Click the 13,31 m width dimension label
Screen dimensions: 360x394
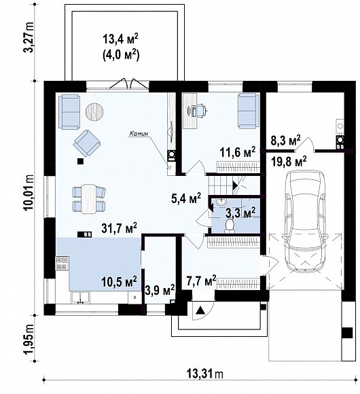204,374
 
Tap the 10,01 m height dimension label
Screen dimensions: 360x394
30,192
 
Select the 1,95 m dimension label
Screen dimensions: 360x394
29,339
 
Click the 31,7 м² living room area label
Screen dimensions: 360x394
120,228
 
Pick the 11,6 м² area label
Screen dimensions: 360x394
238,151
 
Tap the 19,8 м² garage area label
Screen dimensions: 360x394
289,161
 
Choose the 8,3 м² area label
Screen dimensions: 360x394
286,141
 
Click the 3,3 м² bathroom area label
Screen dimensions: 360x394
240,213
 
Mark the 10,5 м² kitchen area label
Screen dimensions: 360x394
120,281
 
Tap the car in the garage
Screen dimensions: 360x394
305,221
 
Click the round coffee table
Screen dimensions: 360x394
94,111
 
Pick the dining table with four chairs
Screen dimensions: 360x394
89,199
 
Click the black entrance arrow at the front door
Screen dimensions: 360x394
200,310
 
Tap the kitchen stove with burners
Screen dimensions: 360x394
62,263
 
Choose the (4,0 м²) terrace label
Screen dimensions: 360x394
121,55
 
